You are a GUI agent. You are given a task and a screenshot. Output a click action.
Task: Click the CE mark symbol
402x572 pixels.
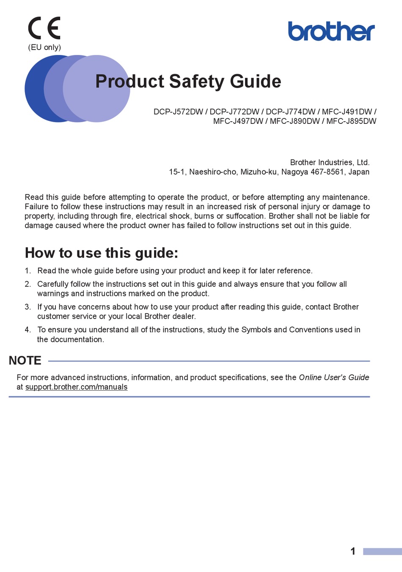(44, 28)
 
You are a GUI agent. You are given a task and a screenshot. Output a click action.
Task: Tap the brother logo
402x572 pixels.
(331, 31)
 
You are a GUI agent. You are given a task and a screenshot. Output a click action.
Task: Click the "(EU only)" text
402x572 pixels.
(44, 47)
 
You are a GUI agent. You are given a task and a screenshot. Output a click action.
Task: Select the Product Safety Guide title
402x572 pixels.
(188, 81)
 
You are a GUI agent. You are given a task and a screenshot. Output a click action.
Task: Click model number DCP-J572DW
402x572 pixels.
(178, 112)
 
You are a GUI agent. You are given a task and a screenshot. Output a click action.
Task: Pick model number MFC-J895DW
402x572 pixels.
(351, 121)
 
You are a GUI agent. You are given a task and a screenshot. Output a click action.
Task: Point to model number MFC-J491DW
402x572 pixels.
(347, 112)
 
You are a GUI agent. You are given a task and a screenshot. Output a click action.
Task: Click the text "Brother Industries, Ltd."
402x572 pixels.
(330, 162)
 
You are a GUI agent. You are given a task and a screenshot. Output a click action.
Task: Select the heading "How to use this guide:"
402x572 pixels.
(102, 253)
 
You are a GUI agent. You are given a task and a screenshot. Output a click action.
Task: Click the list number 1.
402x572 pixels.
(28, 271)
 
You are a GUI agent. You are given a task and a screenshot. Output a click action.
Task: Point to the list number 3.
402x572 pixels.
(28, 307)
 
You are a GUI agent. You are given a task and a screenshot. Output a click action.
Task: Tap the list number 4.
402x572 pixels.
(28, 330)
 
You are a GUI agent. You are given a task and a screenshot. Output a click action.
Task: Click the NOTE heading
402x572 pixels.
(25, 360)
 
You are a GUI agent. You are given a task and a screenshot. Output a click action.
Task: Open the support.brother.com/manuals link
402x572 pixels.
(76, 387)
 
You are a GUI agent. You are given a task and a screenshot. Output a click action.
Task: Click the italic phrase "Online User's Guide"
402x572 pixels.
(334, 377)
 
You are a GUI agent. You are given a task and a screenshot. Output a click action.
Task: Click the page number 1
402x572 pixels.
(353, 551)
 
